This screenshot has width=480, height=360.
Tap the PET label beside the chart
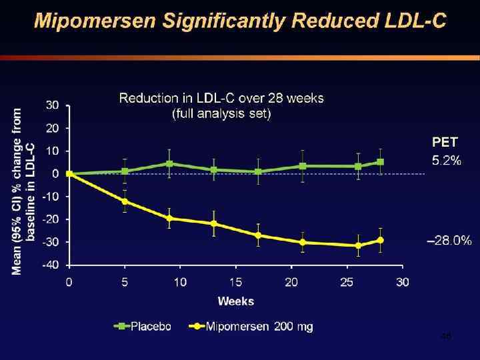click(x=445, y=142)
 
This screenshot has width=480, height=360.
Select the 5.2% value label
click(x=445, y=160)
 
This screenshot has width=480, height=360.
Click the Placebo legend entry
click(x=145, y=327)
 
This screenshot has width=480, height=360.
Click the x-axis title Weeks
click(x=236, y=301)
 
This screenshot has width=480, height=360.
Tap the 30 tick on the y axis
click(x=53, y=105)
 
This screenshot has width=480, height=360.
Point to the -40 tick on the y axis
click(x=51, y=265)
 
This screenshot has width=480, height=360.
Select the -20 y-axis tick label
click(x=51, y=219)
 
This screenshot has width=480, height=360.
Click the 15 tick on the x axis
click(x=236, y=282)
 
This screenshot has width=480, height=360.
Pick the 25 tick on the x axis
click(x=347, y=282)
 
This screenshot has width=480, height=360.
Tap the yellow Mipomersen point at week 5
click(x=125, y=201)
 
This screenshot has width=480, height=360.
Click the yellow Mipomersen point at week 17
click(x=258, y=235)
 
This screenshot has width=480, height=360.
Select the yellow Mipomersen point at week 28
click(x=381, y=240)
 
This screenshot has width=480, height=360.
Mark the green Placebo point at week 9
click(x=169, y=163)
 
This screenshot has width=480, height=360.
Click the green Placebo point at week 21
click(x=303, y=166)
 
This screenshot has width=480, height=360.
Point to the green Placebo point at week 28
click(x=381, y=162)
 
